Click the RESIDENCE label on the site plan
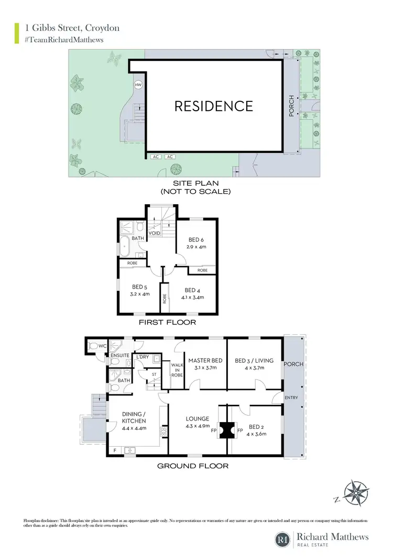pos(213,106)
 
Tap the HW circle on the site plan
pos(138,85)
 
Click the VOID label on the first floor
pos(154,233)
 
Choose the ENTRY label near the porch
pos(291,397)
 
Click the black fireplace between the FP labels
pos(227,431)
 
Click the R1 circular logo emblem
pos(283,539)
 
